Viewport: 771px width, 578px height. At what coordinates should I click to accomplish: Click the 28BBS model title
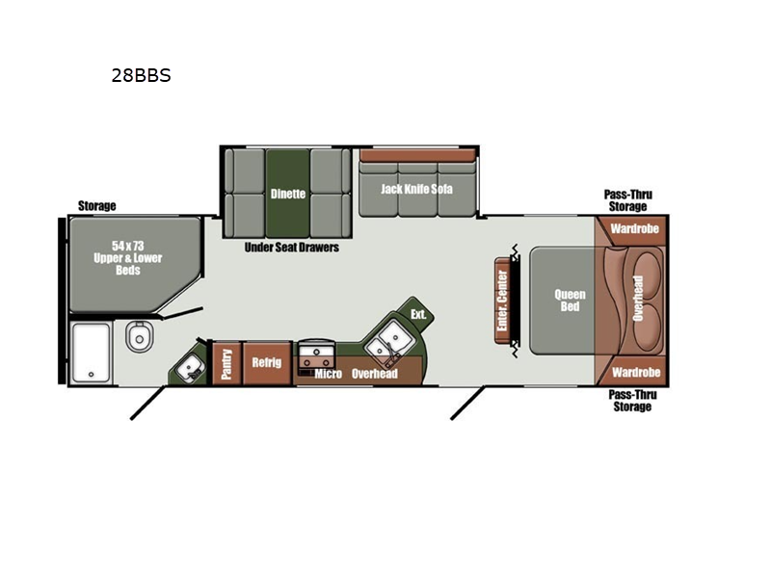pyautogui.click(x=141, y=76)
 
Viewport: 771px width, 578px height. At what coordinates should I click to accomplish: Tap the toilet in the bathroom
pyautogui.click(x=139, y=336)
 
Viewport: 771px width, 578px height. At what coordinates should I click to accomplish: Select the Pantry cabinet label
pyautogui.click(x=226, y=364)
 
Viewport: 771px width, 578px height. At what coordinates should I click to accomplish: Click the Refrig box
pyautogui.click(x=267, y=363)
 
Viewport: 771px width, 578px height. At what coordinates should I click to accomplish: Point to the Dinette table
pyautogui.click(x=287, y=194)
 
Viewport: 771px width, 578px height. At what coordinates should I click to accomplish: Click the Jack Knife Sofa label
pyautogui.click(x=416, y=189)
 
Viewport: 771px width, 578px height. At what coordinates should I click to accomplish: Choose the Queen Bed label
pyautogui.click(x=570, y=301)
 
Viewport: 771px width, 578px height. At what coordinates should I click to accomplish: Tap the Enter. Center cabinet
pyautogui.click(x=502, y=301)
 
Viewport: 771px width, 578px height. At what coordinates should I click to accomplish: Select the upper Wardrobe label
pyautogui.click(x=634, y=228)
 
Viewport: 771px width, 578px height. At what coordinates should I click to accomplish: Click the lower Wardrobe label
pyautogui.click(x=636, y=373)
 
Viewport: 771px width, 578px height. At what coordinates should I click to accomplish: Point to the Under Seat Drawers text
pyautogui.click(x=292, y=248)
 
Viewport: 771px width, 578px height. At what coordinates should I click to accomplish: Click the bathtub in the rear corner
pyautogui.click(x=91, y=352)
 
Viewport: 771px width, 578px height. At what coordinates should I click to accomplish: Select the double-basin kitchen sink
pyautogui.click(x=386, y=342)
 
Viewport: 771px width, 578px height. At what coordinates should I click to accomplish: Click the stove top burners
pyautogui.click(x=316, y=356)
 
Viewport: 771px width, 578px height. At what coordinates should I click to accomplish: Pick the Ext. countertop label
pyautogui.click(x=418, y=315)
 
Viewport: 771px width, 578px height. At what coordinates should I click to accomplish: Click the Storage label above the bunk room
pyautogui.click(x=97, y=206)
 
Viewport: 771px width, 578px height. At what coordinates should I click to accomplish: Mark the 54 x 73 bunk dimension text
pyautogui.click(x=128, y=246)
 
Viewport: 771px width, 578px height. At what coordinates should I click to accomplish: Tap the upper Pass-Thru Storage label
pyautogui.click(x=628, y=200)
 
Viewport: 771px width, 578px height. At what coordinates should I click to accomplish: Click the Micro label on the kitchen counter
pyautogui.click(x=328, y=374)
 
